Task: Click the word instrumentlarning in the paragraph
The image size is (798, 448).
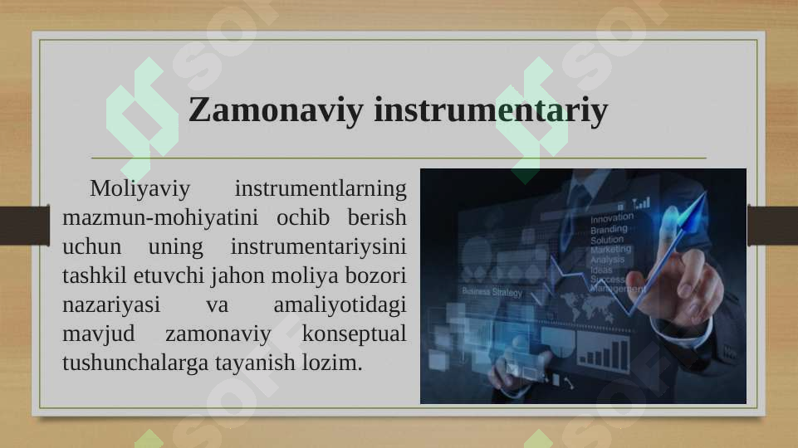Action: tap(321, 189)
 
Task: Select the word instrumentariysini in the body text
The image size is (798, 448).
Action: tap(318, 247)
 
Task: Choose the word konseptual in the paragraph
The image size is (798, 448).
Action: tap(354, 334)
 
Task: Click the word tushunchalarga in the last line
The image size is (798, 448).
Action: tap(136, 363)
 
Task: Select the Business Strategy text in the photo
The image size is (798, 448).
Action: tap(492, 292)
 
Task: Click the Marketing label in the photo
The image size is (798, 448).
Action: tap(610, 249)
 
